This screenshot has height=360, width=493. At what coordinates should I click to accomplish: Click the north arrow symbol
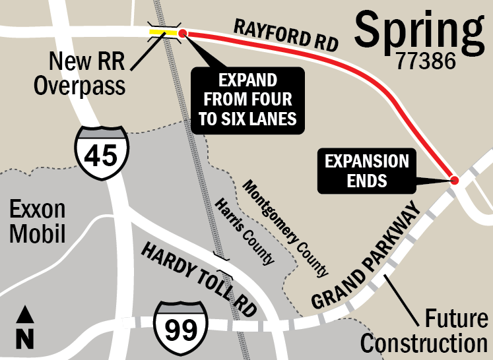(25, 326)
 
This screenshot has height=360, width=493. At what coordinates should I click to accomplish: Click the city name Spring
(418, 29)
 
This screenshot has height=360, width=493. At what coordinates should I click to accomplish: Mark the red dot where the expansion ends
(455, 180)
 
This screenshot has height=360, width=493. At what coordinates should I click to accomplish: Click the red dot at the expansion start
(183, 33)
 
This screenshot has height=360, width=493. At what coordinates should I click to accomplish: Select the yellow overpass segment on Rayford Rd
(162, 32)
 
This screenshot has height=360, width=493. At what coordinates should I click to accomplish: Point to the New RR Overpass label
(87, 73)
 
